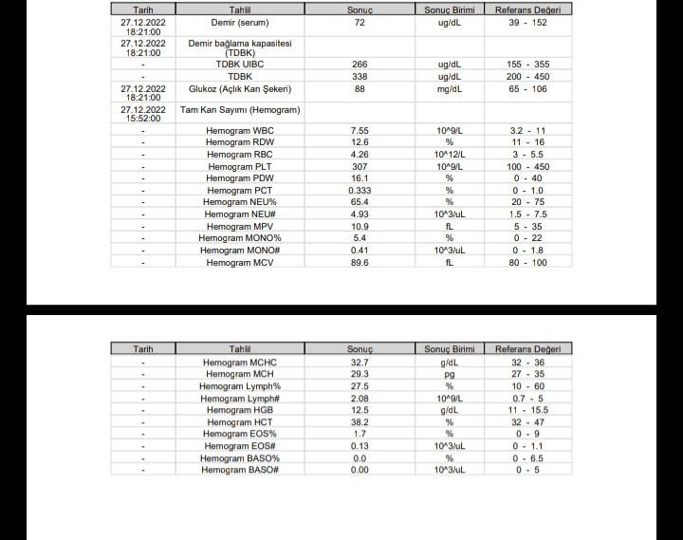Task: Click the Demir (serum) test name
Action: click(x=239, y=21)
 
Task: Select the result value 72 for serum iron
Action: click(x=360, y=21)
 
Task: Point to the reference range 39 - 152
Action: click(x=528, y=21)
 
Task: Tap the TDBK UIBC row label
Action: click(x=239, y=65)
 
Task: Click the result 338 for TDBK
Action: click(x=360, y=77)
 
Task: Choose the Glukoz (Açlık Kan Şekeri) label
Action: click(x=239, y=89)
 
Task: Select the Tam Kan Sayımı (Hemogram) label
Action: click(x=240, y=110)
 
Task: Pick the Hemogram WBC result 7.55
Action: click(x=360, y=130)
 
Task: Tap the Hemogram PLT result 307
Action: click(x=360, y=167)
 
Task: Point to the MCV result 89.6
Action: click(x=360, y=263)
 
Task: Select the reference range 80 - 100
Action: click(x=528, y=263)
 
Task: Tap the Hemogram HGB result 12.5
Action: click(x=360, y=410)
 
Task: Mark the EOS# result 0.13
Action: click(x=360, y=446)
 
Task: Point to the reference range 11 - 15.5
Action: click(x=528, y=410)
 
